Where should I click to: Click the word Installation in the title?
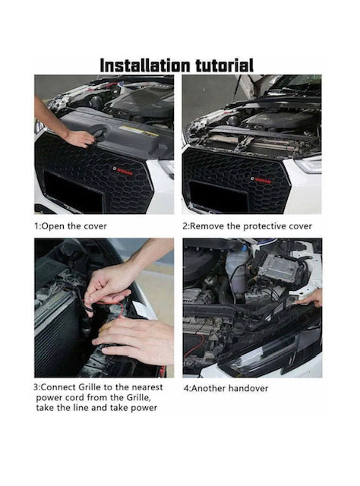tap(145, 66)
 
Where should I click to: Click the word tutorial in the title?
tap(225, 66)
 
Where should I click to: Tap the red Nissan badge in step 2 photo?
tap(261, 179)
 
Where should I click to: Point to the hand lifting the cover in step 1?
tap(80, 138)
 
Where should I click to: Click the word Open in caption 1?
tap(53, 226)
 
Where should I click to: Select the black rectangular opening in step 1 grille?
tap(73, 191)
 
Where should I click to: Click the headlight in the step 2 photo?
tap(309, 165)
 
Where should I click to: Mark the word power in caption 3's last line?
tap(144, 408)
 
